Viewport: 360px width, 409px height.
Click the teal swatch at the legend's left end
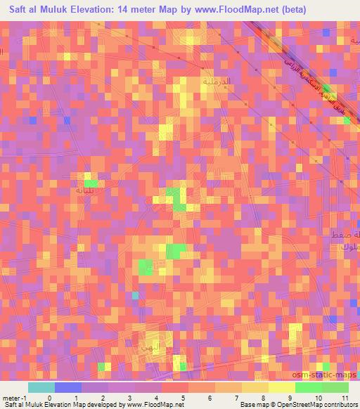(x=41, y=388)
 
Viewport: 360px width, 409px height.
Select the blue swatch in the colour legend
(x=67, y=388)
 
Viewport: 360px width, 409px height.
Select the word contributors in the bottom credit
(x=341, y=404)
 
